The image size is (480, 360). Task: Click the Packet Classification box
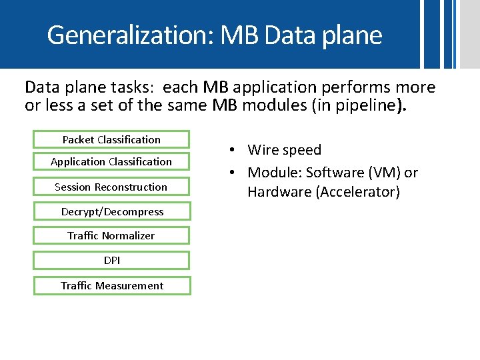(x=111, y=139)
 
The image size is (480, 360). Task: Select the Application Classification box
(x=111, y=161)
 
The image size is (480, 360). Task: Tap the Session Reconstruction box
(x=111, y=187)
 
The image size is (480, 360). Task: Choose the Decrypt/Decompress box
(x=112, y=211)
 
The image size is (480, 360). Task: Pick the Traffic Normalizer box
(x=111, y=235)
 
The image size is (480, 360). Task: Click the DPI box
(x=112, y=260)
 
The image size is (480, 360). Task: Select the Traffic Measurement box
(x=112, y=285)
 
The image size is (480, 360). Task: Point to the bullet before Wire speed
(x=228, y=151)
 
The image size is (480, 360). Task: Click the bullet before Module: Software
(x=228, y=173)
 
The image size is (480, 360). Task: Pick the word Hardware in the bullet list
(x=274, y=192)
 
